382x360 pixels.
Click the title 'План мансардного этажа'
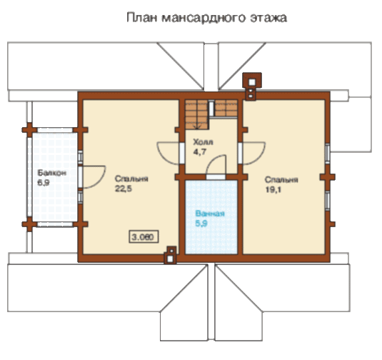coord(206,18)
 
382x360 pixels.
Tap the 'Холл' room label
coord(203,142)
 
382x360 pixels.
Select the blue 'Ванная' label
coord(210,214)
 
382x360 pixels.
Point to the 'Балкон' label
coord(51,173)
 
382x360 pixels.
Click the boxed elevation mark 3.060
coord(144,236)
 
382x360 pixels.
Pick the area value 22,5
coord(124,189)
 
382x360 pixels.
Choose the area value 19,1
coord(273,189)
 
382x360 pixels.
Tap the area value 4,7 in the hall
coord(200,152)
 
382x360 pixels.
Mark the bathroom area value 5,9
coord(201,224)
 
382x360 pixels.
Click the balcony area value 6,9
coord(44,182)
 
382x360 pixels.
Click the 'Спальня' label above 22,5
coord(131,179)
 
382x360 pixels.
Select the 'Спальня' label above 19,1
coord(281,179)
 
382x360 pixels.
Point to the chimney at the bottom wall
coord(171,255)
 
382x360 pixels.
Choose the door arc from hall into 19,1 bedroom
coord(259,157)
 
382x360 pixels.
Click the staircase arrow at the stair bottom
coord(197,126)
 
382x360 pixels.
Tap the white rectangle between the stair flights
coord(212,109)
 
